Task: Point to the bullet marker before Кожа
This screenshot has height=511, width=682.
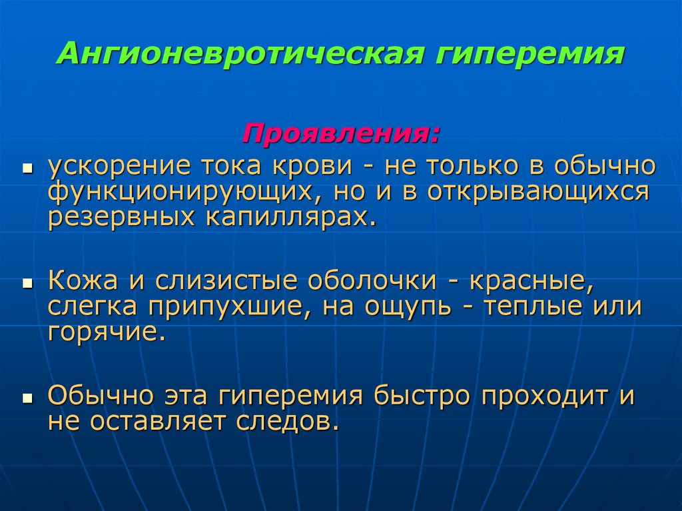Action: coord(27,283)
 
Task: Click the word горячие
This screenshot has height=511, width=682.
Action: coord(106,331)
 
